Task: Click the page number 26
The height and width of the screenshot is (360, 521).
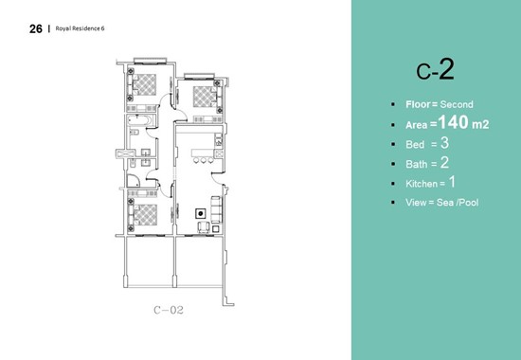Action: pos(36,29)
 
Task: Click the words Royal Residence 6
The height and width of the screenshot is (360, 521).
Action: pos(80,28)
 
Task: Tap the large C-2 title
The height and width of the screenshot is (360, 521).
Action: pos(435,69)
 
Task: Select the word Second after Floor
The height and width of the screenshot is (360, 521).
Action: pos(457,104)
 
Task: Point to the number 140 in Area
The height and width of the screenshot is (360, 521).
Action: pos(453,122)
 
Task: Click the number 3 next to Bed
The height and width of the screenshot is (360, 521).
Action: pos(444,143)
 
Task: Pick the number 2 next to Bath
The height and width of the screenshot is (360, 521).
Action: pos(444,163)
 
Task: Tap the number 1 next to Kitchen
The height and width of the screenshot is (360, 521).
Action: pos(452,182)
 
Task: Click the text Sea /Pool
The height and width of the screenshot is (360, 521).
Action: pos(458,202)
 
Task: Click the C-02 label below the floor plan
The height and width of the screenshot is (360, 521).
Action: pos(169,310)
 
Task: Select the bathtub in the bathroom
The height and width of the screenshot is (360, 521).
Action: pos(140,120)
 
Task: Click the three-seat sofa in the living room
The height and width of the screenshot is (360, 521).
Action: pos(216,209)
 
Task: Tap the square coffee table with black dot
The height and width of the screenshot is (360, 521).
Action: pos(201,213)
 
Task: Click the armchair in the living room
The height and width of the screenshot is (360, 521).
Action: pos(204,227)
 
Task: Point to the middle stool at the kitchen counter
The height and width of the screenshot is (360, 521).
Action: pos(204,160)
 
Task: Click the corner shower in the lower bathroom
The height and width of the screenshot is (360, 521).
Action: pos(134,181)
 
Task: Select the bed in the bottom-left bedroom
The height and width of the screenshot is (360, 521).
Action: pos(143,215)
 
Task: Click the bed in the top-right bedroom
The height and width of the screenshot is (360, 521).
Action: pos(207,97)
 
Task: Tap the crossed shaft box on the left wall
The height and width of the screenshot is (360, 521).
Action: pos(125,153)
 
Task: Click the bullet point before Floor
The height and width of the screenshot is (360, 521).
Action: pos(393,105)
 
